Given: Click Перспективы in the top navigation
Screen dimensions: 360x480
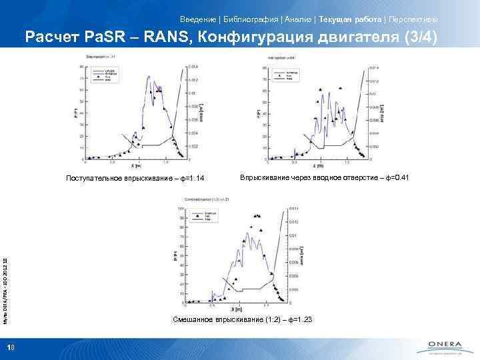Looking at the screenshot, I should click(412, 17).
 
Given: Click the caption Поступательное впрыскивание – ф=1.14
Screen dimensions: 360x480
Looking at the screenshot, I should click(135, 178).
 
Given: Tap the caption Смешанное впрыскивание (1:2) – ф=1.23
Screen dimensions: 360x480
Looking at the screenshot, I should click(242, 321).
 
